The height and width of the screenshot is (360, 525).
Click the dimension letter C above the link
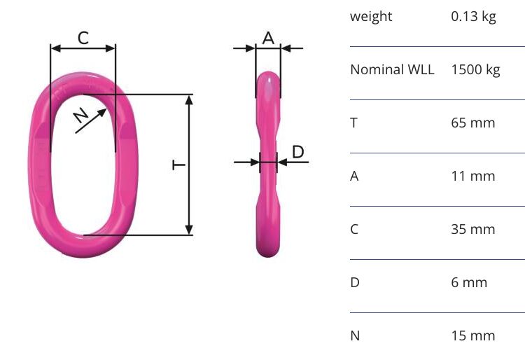(83, 38)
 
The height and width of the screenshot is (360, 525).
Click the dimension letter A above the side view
(268, 39)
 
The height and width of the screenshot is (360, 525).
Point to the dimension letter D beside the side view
(298, 152)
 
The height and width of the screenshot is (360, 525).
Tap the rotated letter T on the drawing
(178, 165)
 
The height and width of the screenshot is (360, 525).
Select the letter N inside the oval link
(81, 116)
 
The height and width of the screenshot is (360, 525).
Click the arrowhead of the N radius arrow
(102, 113)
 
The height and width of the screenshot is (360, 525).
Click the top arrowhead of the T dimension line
(189, 100)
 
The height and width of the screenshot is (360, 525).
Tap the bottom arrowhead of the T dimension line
(189, 230)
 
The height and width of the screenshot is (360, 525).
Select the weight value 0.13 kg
(473, 17)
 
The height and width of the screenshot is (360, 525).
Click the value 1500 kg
(475, 70)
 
